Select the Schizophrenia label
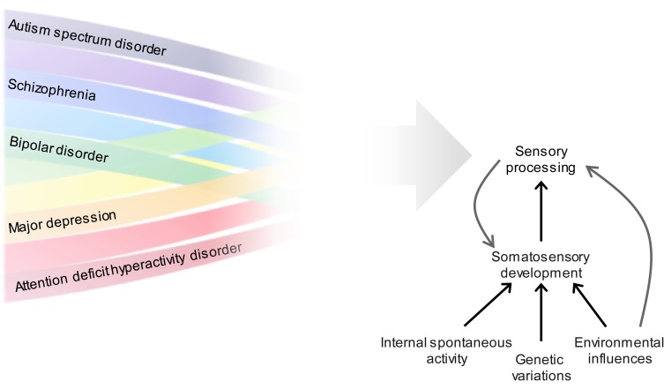tap(51, 90)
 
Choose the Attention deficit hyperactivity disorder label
tap(128, 269)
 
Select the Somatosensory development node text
tap(541, 265)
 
